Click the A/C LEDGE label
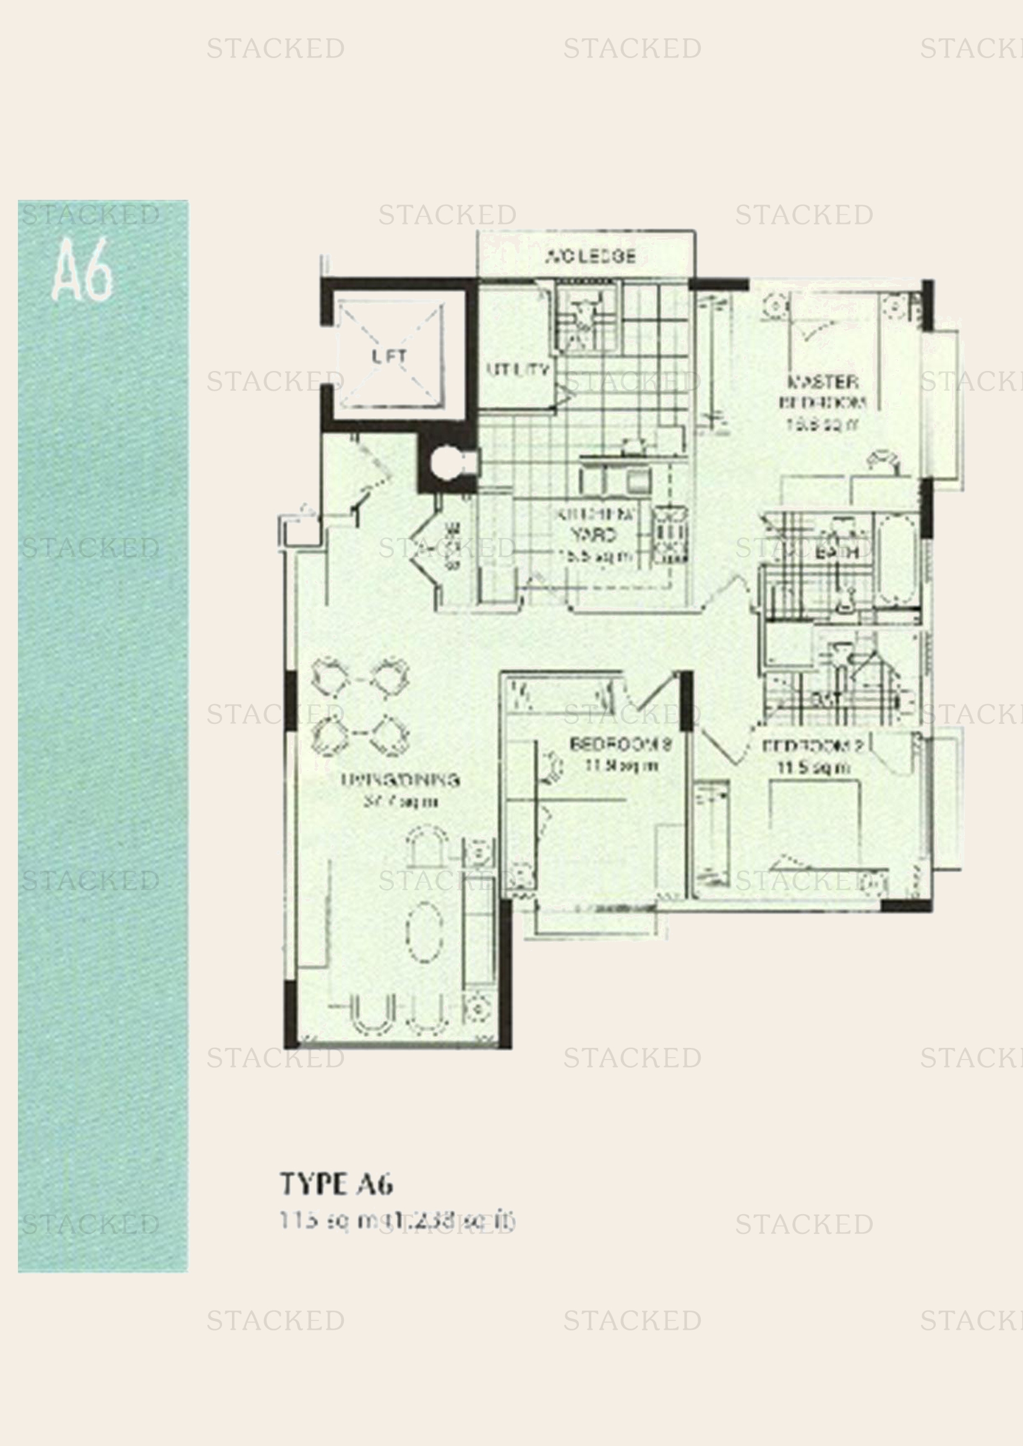pos(589,257)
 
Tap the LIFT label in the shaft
pos(388,356)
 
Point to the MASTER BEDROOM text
pos(823,391)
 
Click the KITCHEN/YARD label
pos(594,525)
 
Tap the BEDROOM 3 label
pos(620,744)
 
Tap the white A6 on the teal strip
pos(82,270)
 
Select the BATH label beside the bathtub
pos(837,552)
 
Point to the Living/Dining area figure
pos(400,802)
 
